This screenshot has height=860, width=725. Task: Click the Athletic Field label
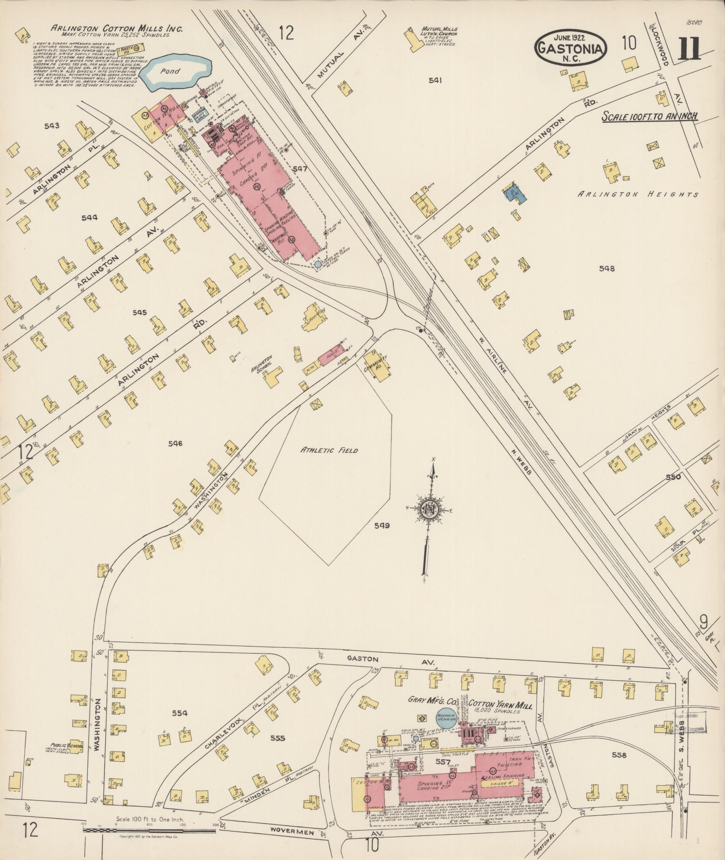coord(329,450)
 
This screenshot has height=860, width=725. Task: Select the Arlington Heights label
coord(638,194)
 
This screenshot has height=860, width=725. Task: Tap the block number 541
coord(435,80)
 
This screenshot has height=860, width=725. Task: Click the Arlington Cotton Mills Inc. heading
coord(116,28)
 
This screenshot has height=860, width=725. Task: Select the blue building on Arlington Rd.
coord(512,192)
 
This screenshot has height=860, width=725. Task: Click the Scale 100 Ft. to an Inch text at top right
coord(649,116)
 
